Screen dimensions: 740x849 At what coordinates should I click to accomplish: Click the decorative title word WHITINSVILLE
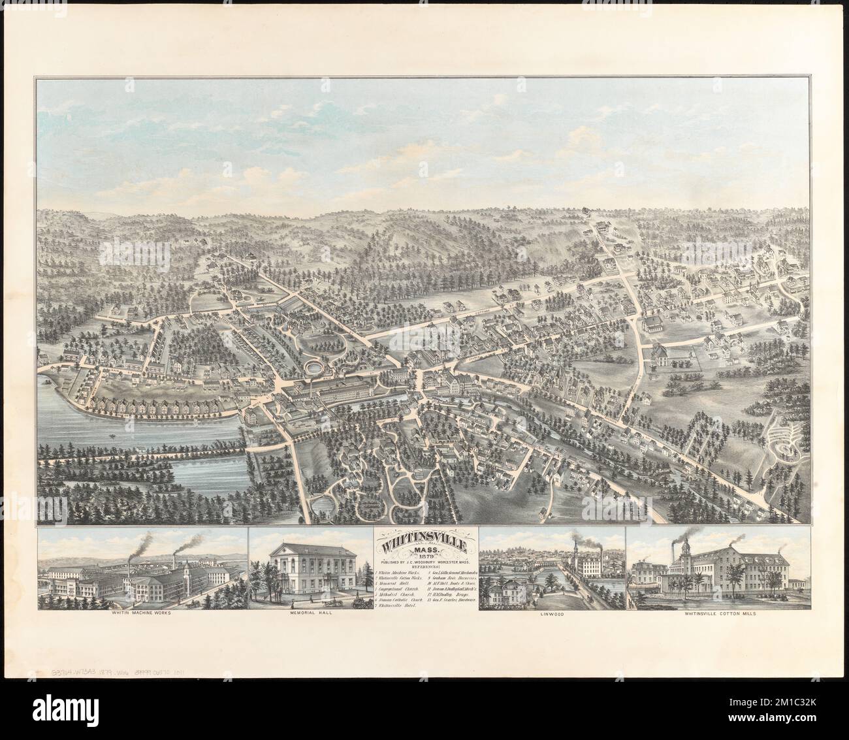coord(424,543)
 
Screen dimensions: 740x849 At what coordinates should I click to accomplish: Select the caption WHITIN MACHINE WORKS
coord(142,615)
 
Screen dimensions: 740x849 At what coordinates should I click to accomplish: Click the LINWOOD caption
coord(552,615)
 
